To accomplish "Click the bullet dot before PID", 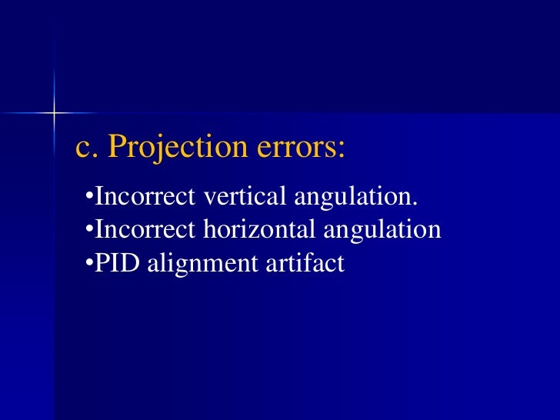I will [88, 263].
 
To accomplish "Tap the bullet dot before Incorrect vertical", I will [88, 197].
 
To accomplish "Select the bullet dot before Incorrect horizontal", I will [88, 230].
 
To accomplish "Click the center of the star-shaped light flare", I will [55, 113].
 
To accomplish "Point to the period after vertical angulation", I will [416, 203].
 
